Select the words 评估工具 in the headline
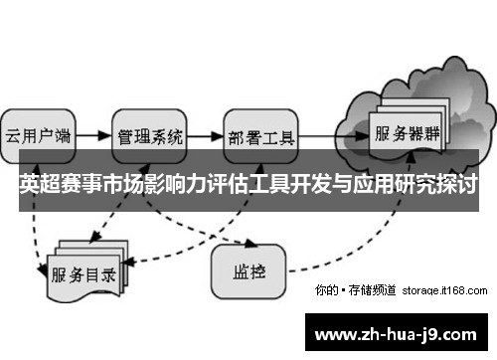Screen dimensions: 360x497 click(248, 185)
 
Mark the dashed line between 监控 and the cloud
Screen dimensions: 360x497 click(348, 249)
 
